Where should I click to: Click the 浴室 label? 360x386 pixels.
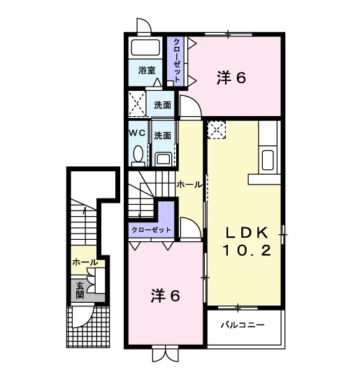[x=146, y=71]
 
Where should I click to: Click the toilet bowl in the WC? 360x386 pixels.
[x=138, y=155]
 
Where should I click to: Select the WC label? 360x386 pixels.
[x=137, y=132]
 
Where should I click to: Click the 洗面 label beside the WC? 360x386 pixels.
[x=163, y=135]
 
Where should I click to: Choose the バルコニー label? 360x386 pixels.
[x=243, y=326]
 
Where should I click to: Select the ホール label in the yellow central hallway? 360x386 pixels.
[x=189, y=185]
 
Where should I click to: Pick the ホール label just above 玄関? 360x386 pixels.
[x=84, y=262]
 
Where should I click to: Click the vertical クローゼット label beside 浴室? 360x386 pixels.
[x=177, y=61]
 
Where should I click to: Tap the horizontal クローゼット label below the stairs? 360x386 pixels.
[x=151, y=230]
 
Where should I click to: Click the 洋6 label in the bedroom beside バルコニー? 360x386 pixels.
[x=166, y=296]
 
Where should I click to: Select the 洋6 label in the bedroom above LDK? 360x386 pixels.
[x=231, y=79]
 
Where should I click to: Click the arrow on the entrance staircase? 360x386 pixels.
[x=83, y=210]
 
